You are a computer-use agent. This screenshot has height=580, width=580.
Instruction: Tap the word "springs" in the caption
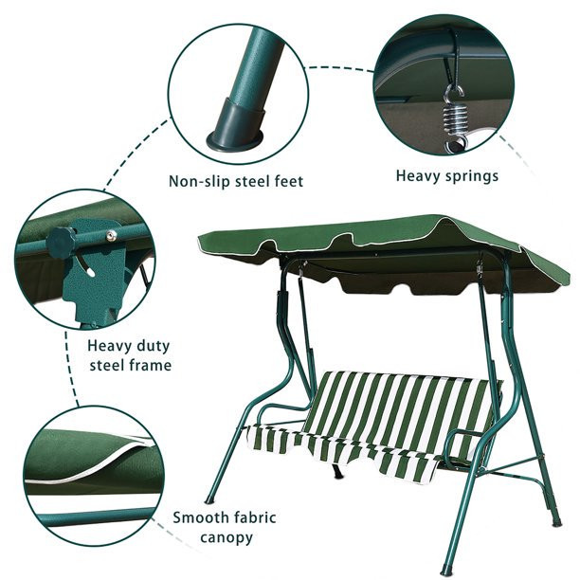[x=471, y=176]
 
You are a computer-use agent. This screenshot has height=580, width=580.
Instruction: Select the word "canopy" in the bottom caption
[x=227, y=538]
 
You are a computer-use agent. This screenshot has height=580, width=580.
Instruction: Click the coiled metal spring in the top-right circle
[x=453, y=118]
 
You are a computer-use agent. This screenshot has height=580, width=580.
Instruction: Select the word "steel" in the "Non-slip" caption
[x=251, y=181]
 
